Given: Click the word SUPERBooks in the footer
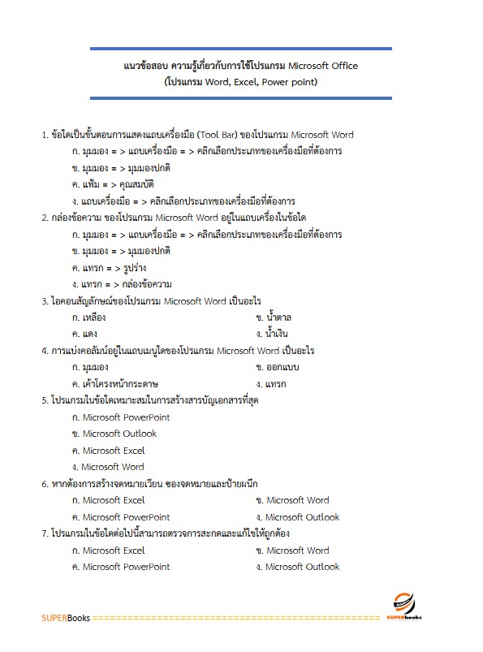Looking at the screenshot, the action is pos(66,618).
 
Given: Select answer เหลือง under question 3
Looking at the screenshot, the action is pos(88,317).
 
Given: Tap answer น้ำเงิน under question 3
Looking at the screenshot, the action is pos(277,334).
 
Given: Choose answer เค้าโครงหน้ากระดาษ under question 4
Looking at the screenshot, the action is pos(114,383).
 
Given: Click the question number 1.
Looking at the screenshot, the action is pos(45,135).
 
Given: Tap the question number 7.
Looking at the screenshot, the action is pos(45,533).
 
